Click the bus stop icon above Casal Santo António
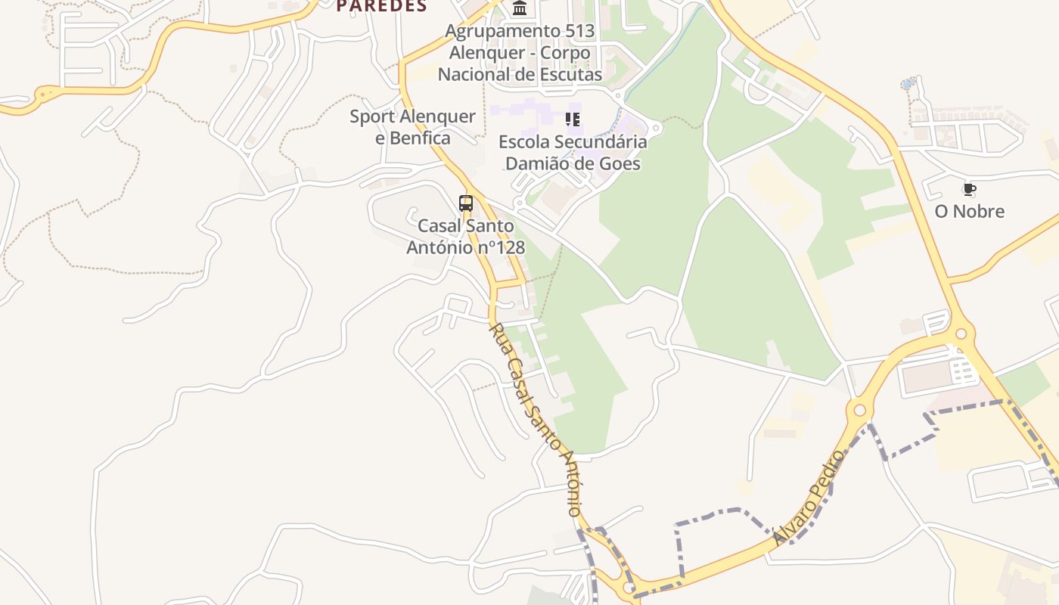tap(466, 203)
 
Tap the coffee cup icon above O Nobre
tap(969, 189)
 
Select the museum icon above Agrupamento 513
tap(520, 8)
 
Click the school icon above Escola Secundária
tap(573, 119)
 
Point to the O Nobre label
tap(969, 211)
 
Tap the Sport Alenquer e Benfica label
tap(412, 127)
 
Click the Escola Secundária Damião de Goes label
tap(573, 153)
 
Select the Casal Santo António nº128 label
tap(465, 237)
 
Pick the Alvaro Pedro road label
tap(808, 498)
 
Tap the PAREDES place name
tap(381, 6)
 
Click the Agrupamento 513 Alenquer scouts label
tap(520, 53)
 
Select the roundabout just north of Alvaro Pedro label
tap(859, 411)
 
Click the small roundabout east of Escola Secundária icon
tap(656, 129)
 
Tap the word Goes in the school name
tap(620, 163)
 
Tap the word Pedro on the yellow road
tap(825, 477)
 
